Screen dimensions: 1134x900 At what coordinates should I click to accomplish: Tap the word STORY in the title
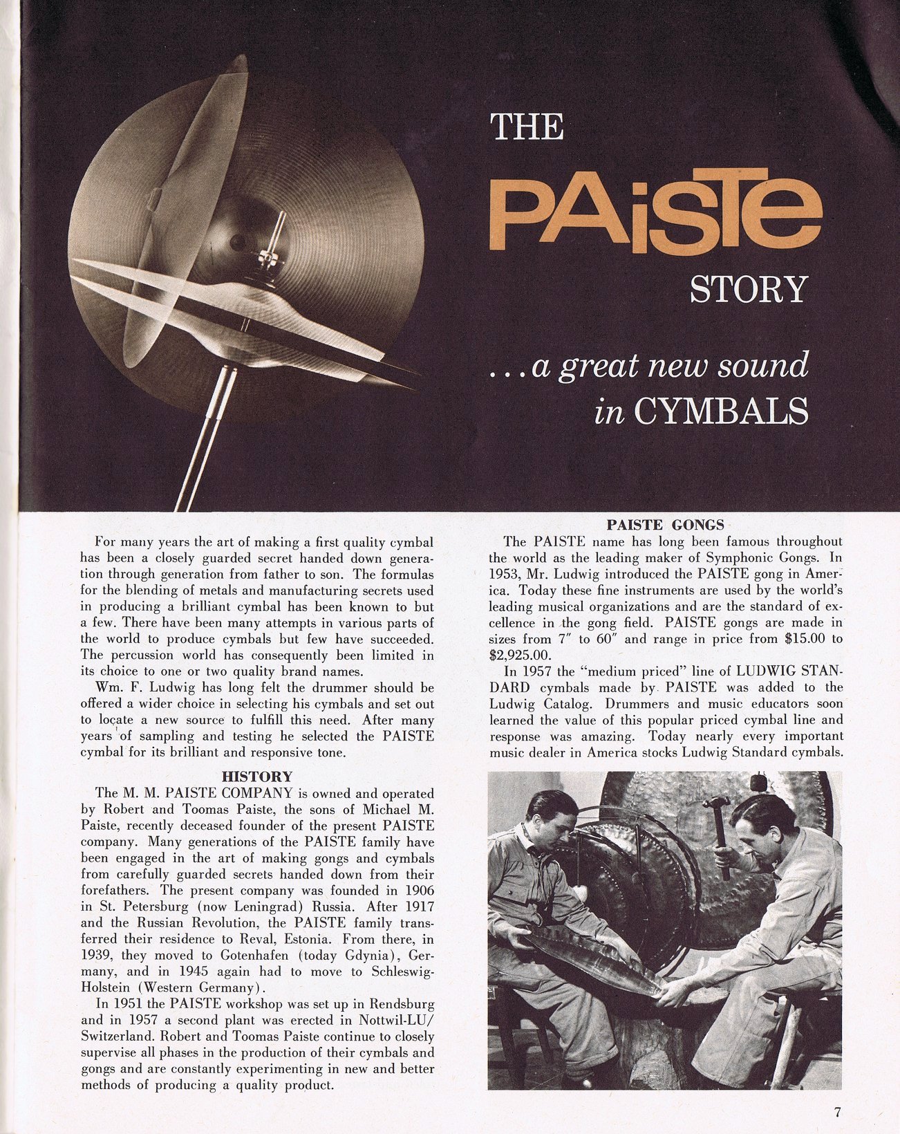tap(749, 290)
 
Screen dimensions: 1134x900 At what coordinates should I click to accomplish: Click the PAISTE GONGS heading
tap(665, 524)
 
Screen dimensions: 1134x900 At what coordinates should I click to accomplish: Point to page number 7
tap(837, 1112)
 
